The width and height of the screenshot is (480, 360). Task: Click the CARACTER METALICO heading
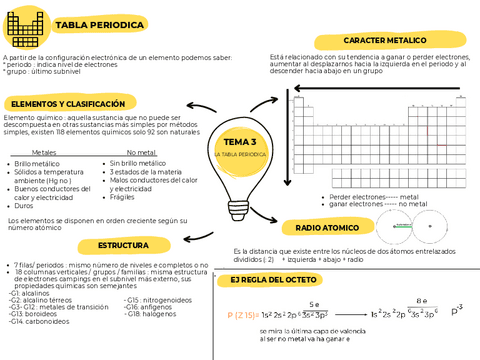380,41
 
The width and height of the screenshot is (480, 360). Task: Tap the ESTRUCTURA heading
123,246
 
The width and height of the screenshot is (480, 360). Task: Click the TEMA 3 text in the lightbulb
239,142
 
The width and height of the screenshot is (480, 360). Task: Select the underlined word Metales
44,152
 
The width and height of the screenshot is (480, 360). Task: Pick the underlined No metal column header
143,152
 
